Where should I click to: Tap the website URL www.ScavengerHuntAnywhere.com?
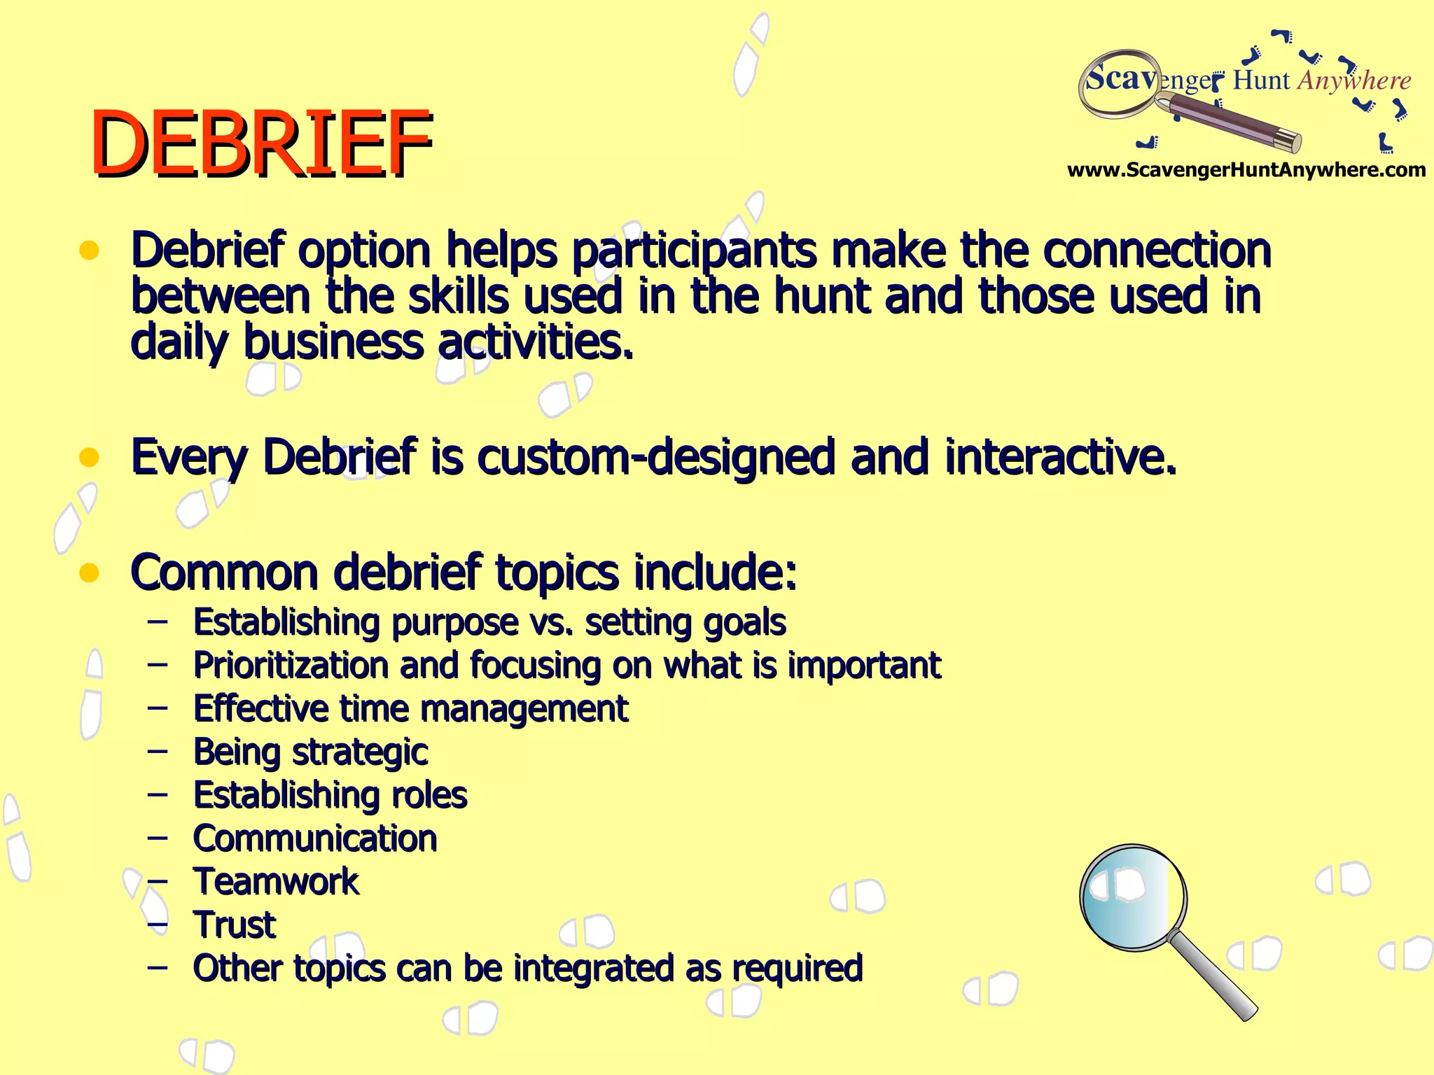[x=1246, y=170]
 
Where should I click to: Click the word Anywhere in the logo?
[x=1354, y=80]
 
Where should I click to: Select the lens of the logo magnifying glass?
[x=1118, y=83]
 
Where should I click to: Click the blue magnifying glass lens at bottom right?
[x=1132, y=897]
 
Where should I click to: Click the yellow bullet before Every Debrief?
[x=89, y=458]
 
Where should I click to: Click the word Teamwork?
[x=276, y=882]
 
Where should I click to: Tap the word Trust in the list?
[x=235, y=925]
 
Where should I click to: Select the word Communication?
[x=315, y=838]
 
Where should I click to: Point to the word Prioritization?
[x=291, y=666]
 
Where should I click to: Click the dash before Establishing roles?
[x=158, y=795]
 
